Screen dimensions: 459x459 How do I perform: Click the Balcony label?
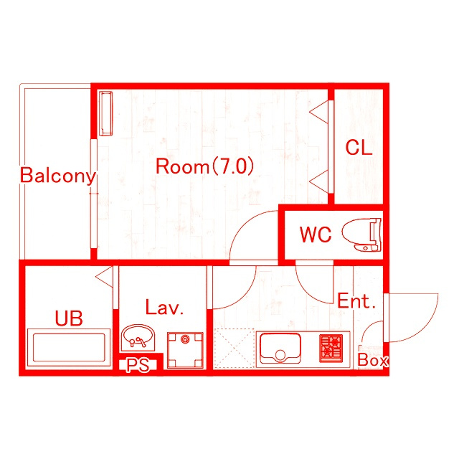coord(58,176)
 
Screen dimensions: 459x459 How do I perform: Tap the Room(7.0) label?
coord(204,166)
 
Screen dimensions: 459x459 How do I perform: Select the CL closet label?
coord(359,148)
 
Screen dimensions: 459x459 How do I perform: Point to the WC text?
coord(316,235)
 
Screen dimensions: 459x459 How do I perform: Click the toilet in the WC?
coord(362,235)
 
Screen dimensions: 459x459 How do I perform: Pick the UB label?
coord(69,318)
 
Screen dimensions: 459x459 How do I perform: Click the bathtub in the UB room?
coord(69,348)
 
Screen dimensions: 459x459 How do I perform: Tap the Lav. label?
coord(164,307)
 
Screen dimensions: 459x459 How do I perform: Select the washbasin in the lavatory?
coord(138,337)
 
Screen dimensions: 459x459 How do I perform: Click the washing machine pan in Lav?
coord(185,350)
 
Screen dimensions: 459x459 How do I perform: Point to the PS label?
coord(138,365)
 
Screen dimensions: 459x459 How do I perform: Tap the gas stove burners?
coord(331,349)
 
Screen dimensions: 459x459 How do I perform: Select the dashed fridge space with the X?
coord(234,349)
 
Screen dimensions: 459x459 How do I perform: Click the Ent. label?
coord(356,301)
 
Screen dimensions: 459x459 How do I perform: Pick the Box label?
coord(373,360)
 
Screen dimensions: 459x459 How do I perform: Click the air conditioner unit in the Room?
coord(105,113)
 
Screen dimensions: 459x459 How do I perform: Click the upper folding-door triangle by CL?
coord(319,112)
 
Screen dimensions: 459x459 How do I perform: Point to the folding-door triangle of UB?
coord(105,277)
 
